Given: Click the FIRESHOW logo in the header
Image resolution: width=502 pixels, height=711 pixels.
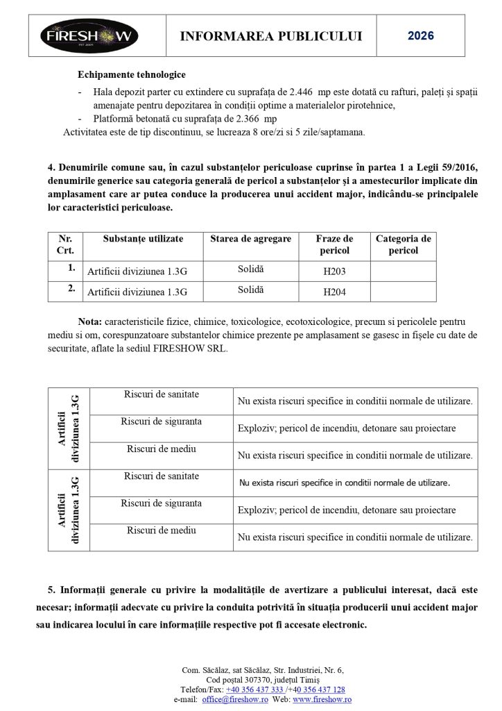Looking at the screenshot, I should tap(89, 36).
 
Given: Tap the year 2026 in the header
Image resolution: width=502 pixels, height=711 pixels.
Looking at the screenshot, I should tap(421, 35).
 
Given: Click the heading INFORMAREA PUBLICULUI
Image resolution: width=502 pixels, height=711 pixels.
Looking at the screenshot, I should tap(271, 36).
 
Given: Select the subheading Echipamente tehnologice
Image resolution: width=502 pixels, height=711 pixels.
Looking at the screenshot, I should tap(132, 75).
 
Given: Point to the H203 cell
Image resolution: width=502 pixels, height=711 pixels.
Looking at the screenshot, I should tap(334, 271).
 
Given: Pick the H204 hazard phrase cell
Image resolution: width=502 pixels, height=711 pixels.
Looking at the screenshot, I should tap(334, 292).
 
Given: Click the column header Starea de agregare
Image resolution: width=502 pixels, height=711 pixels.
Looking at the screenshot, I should tap(251, 239).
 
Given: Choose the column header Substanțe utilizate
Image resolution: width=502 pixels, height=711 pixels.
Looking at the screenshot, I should tap(143, 239).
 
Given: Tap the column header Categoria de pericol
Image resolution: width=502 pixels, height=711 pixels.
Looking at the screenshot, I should tap(403, 244).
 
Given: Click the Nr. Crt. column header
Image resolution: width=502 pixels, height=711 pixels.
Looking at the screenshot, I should tap(65, 244).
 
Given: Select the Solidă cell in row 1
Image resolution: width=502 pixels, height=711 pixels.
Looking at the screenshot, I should tap(251, 269).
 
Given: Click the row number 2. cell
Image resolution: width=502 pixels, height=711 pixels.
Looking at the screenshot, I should tap(71, 289).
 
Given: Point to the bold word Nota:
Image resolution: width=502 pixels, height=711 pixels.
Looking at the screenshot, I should tap(90, 322).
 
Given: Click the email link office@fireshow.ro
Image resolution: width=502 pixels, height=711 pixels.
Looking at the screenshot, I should tap(235, 700).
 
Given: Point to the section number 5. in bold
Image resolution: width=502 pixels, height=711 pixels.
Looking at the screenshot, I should tap(52, 590).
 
